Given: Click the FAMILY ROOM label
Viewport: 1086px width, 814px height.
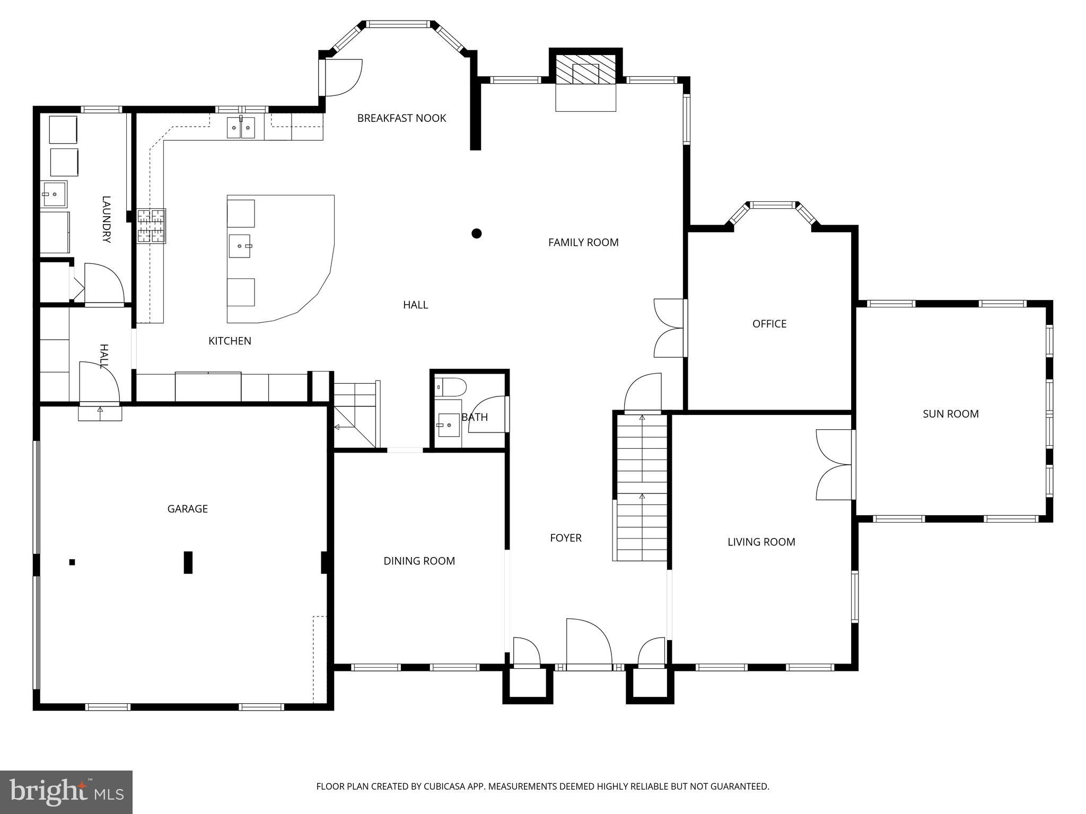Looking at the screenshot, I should coord(583,243).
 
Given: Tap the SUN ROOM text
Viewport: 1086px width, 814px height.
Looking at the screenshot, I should coord(950,414).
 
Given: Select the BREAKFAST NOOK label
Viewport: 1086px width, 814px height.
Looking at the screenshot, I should coord(401,118).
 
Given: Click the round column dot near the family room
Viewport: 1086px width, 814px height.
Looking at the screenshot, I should coord(476,233).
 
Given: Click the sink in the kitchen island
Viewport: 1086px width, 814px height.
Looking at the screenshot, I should coord(240,246).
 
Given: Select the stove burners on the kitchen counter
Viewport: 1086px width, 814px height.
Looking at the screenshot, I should coord(152,226).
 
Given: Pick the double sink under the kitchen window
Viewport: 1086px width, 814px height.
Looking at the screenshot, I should coord(241,128).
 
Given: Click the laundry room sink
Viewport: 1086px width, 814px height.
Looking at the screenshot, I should coord(54,194).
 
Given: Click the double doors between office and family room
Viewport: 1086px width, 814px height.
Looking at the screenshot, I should coord(669,328).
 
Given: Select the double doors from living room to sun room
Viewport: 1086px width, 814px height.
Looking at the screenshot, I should coord(834,465).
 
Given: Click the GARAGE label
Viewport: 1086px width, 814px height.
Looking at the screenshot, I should coord(187,509).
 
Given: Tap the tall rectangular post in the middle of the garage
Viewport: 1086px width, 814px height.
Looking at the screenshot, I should coord(188,562).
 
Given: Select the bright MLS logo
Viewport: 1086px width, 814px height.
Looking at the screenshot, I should coord(66,792).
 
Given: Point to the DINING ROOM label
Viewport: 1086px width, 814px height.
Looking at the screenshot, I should coord(419,561).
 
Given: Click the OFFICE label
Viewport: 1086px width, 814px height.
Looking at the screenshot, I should coord(769,324).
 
